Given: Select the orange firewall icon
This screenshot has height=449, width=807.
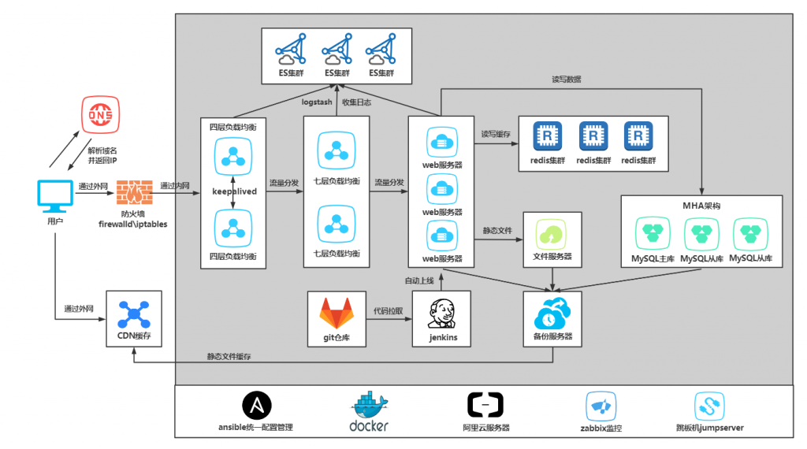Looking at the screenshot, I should pyautogui.click(x=133, y=192).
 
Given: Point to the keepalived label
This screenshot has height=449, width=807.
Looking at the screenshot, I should pyautogui.click(x=233, y=191).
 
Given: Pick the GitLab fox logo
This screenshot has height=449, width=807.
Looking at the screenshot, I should pyautogui.click(x=336, y=313).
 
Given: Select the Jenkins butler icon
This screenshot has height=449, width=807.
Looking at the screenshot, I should pyautogui.click(x=440, y=314).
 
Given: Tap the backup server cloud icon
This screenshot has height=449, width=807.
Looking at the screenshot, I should pyautogui.click(x=552, y=313).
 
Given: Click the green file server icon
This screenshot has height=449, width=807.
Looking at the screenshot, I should pyautogui.click(x=551, y=235).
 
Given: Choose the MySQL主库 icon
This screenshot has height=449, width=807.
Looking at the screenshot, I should pyautogui.click(x=653, y=233).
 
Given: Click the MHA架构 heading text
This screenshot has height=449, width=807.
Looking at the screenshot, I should pyautogui.click(x=701, y=206).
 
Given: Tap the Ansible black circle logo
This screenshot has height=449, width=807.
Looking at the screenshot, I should pyautogui.click(x=257, y=406).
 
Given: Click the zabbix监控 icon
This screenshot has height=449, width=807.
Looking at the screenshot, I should pyautogui.click(x=601, y=406).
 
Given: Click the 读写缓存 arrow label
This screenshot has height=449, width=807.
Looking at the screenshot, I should pyautogui.click(x=496, y=135).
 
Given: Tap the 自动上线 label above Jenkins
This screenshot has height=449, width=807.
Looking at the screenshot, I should pyautogui.click(x=419, y=280).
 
